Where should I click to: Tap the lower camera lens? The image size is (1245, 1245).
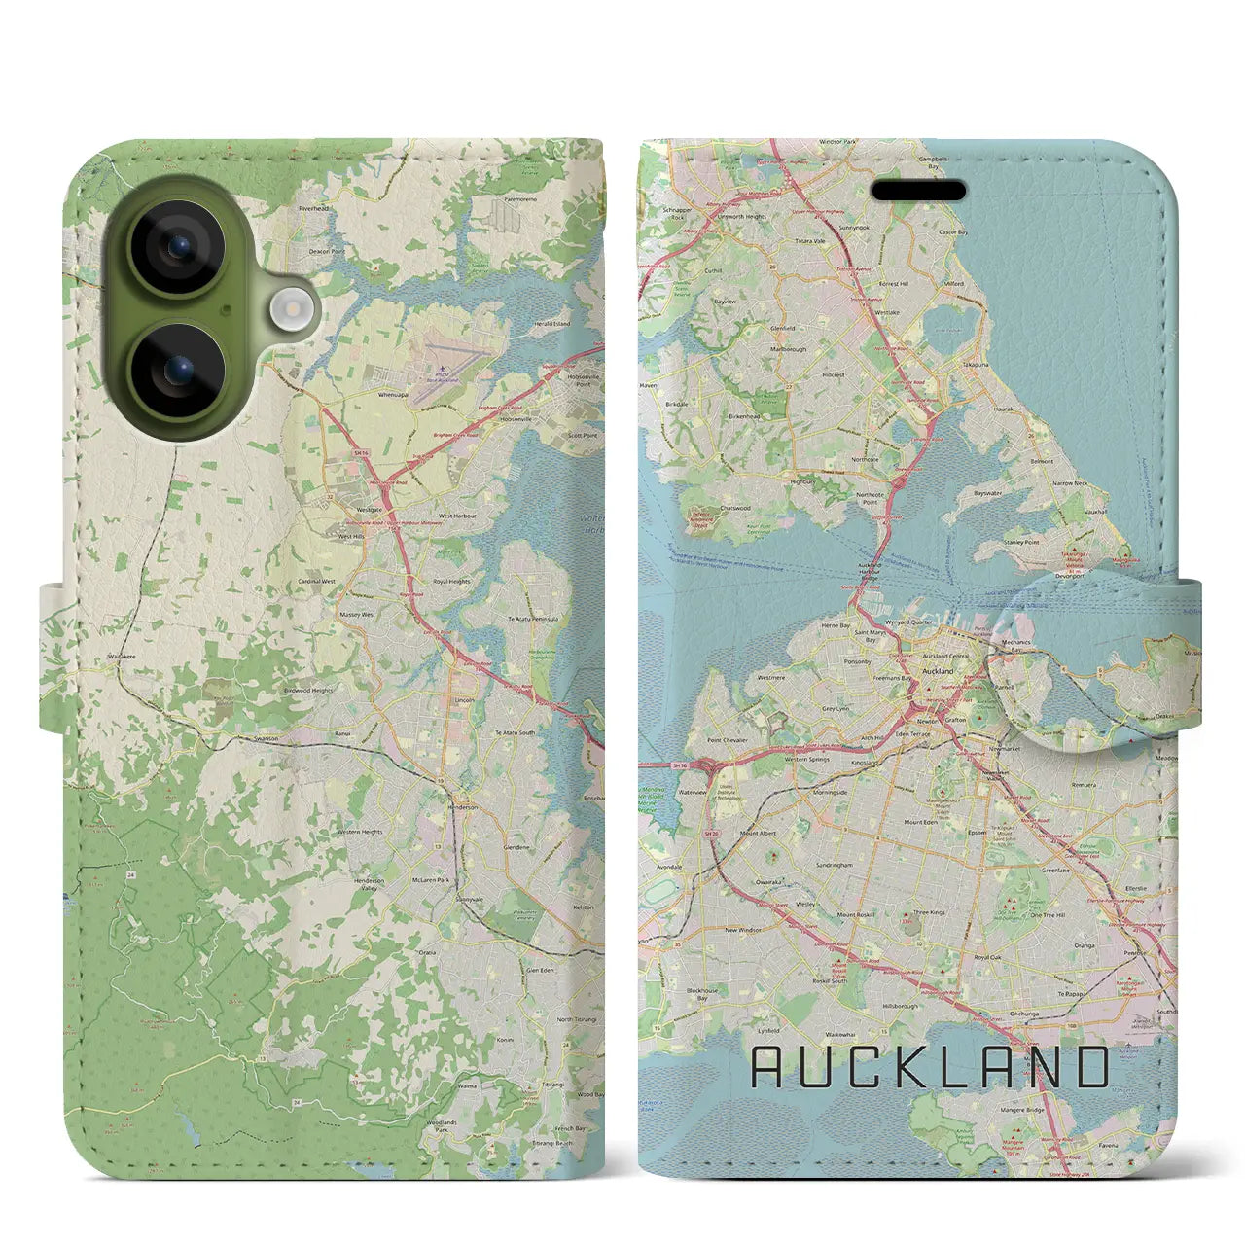click(x=176, y=370)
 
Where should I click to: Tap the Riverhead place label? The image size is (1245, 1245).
click(x=315, y=208)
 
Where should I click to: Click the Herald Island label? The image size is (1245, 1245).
click(x=552, y=324)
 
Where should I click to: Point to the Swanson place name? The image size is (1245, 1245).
click(x=265, y=738)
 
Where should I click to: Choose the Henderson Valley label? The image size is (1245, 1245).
click(x=369, y=885)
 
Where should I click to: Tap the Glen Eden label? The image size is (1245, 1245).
click(x=540, y=970)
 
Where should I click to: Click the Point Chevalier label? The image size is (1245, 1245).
click(x=728, y=741)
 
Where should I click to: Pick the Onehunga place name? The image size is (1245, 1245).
click(x=1026, y=1014)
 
